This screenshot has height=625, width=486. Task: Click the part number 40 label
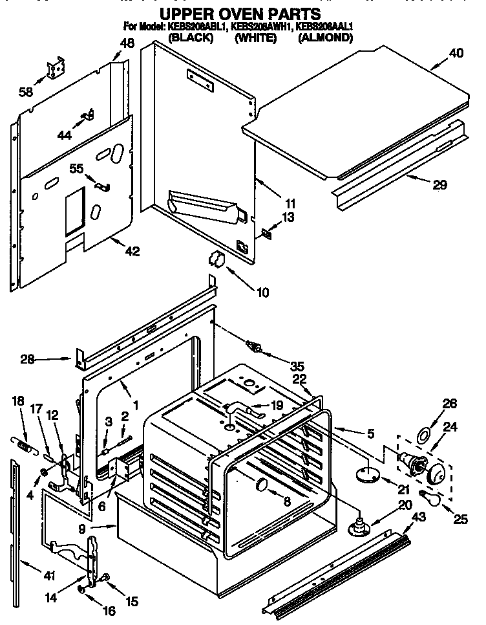tap(456, 54)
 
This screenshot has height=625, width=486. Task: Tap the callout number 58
tap(26, 93)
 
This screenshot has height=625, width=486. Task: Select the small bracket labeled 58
tap(56, 69)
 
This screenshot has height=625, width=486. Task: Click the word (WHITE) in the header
tap(255, 38)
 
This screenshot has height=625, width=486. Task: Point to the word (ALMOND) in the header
tap(325, 38)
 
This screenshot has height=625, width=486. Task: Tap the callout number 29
tap(439, 185)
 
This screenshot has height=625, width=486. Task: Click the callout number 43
tap(418, 516)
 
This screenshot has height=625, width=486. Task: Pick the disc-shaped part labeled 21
tap(366, 476)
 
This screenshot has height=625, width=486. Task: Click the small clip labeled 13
tap(267, 232)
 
